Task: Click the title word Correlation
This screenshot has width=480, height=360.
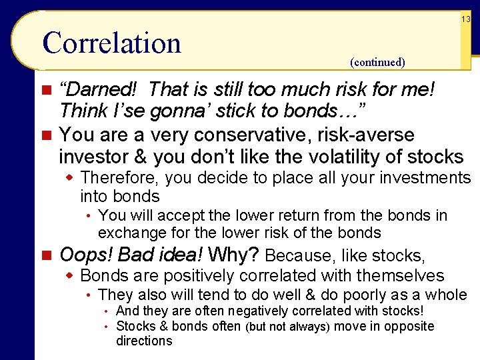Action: point(111,43)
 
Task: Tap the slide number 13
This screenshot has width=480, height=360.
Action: point(465,19)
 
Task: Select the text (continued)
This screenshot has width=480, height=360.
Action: point(377,62)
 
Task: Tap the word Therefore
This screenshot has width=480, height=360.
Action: point(121,177)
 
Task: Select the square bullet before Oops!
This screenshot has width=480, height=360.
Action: point(45,255)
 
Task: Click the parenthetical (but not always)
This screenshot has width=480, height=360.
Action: point(288,327)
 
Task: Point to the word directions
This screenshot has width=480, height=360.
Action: point(144,341)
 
